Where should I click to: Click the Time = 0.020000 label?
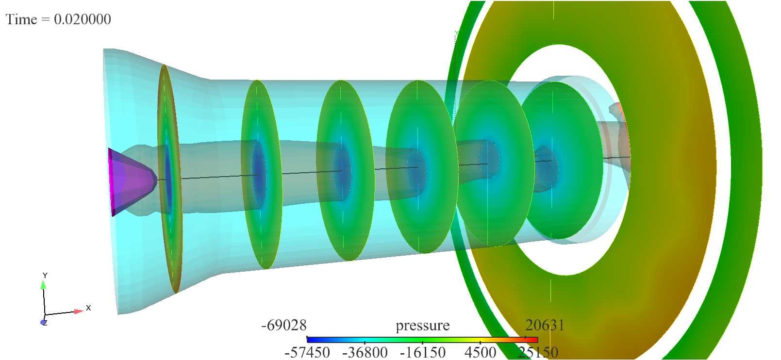point(58,19)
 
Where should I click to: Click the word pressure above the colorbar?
point(423,326)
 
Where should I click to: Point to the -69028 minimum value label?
point(284,325)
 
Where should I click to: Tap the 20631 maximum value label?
point(545,325)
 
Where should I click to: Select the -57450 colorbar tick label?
point(307,352)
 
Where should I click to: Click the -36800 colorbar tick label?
point(365,352)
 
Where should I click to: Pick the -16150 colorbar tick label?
point(423,352)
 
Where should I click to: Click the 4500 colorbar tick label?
point(480,352)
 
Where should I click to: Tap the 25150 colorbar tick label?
point(538,352)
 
